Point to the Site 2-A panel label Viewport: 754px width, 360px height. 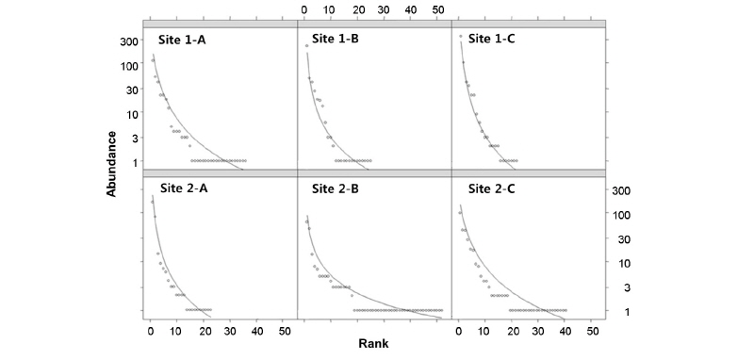coord(188,188)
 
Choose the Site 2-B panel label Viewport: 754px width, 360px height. coord(341,188)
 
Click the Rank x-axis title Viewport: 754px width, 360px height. coord(373,344)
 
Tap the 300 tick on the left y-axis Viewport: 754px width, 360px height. coord(129,41)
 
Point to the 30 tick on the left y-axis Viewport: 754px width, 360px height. coord(133,90)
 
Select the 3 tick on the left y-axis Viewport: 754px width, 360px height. coord(136,139)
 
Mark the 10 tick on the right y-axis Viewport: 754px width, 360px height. coord(621,263)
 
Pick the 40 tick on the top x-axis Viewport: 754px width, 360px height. coord(411,9)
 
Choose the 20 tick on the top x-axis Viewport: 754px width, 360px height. coord(357,9)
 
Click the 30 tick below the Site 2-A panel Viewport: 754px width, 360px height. coord(231,332)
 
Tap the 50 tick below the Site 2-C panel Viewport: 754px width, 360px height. coord(591,332)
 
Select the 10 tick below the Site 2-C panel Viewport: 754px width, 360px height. coord(484,332)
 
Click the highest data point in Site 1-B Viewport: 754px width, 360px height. coord(306,46)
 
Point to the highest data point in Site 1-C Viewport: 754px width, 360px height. coord(460,37)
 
